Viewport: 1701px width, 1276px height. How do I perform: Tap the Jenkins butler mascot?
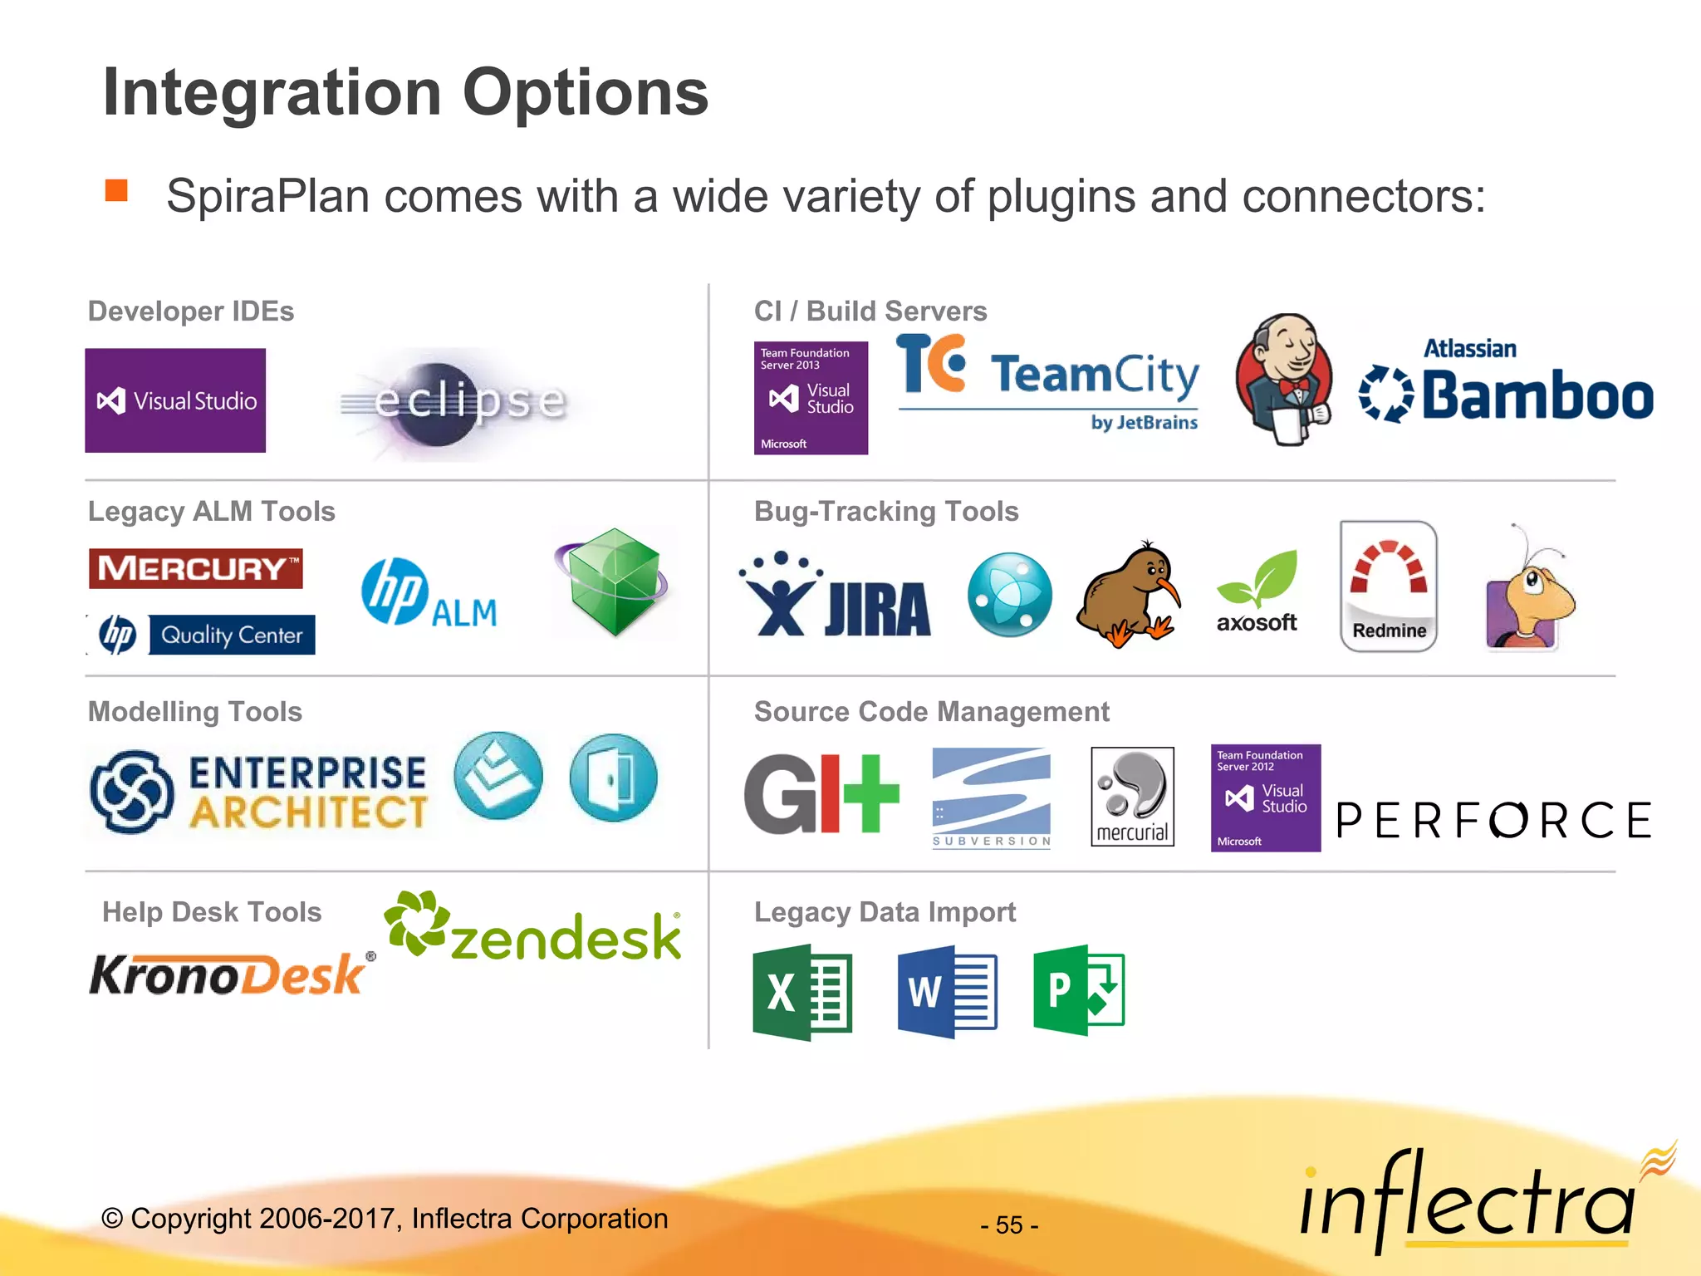pyautogui.click(x=1283, y=380)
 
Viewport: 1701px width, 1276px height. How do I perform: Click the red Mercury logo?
pyautogui.click(x=196, y=568)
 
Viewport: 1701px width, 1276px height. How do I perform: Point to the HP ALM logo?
pyautogui.click(x=429, y=593)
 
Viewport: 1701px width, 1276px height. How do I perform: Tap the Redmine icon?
pyautogui.click(x=1389, y=586)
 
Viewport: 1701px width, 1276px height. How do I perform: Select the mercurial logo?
pyautogui.click(x=1132, y=797)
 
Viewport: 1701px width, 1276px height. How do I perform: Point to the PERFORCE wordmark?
pyautogui.click(x=1493, y=821)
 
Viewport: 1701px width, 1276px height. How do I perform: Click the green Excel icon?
pyautogui.click(x=802, y=992)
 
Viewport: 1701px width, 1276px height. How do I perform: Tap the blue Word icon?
pyautogui.click(x=947, y=992)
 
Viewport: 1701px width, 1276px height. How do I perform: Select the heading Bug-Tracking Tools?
pyautogui.click(x=886, y=512)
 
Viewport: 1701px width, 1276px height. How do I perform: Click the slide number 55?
pyautogui.click(x=1009, y=1224)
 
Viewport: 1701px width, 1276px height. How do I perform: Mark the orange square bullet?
pyautogui.click(x=116, y=191)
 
